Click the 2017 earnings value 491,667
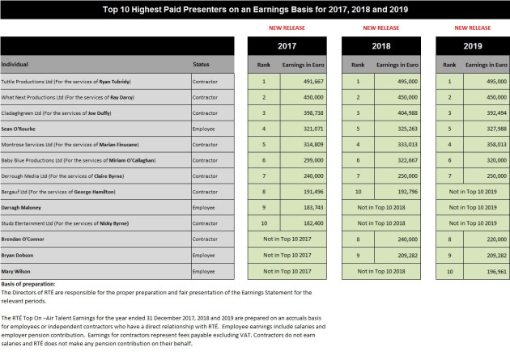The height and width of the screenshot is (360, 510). tap(313, 82)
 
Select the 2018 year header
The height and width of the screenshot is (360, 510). tap(380, 46)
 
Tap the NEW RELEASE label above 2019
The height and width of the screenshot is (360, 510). tap(472, 28)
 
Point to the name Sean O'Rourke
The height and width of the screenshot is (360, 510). tap(18, 129)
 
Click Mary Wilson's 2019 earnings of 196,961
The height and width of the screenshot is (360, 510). tap(496, 272)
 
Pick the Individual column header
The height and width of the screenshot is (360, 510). tap(15, 65)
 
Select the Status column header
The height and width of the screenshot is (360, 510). tap(201, 65)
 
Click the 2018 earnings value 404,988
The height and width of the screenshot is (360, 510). tap(407, 113)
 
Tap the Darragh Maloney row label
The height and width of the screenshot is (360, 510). tap(21, 208)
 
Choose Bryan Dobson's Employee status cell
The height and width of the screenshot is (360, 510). tap(204, 256)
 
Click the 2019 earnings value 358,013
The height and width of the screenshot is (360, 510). tap(496, 145)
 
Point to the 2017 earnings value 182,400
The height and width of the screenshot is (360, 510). tap(313, 223)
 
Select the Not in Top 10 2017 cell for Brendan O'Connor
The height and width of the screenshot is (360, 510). tap(287, 239)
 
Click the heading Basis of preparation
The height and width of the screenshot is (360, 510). tap(28, 284)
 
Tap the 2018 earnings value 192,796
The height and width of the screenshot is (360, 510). tap(407, 192)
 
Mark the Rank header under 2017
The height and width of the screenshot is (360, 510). tap(263, 65)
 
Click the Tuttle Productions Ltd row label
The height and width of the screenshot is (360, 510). tap(66, 82)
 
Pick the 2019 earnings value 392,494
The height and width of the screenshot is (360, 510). tap(496, 113)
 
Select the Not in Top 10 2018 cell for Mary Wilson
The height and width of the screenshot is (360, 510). tap(381, 271)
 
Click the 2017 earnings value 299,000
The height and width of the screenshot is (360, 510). tap(313, 160)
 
